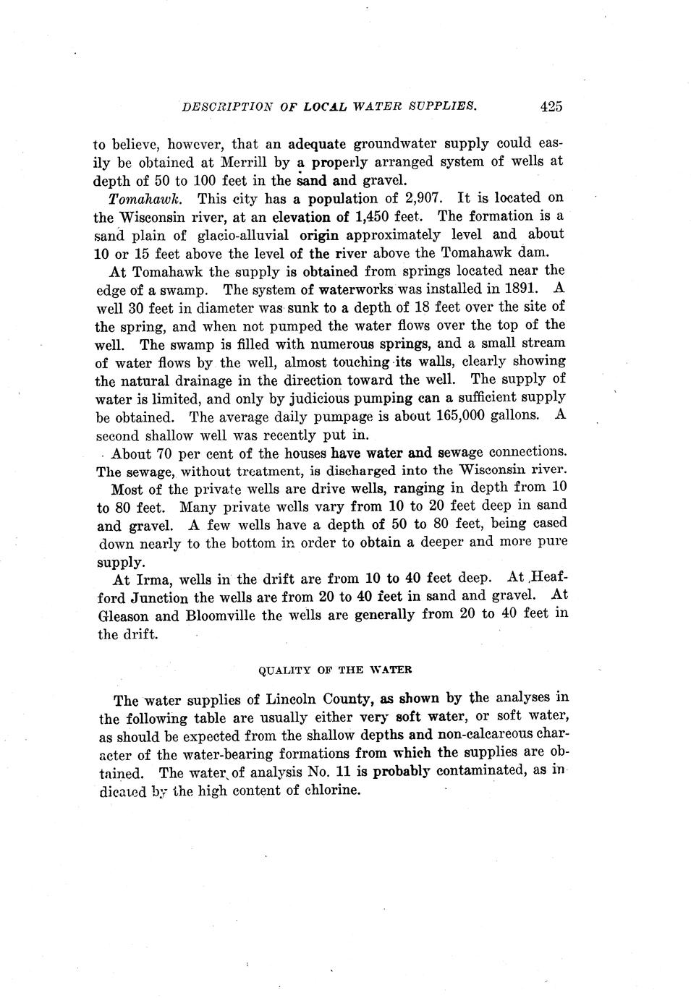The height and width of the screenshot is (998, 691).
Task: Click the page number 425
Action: coord(551,106)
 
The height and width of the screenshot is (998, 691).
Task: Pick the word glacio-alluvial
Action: coord(242,235)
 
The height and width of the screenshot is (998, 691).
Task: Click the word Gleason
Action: coord(124,616)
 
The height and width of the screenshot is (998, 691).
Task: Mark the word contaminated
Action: coord(479,771)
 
